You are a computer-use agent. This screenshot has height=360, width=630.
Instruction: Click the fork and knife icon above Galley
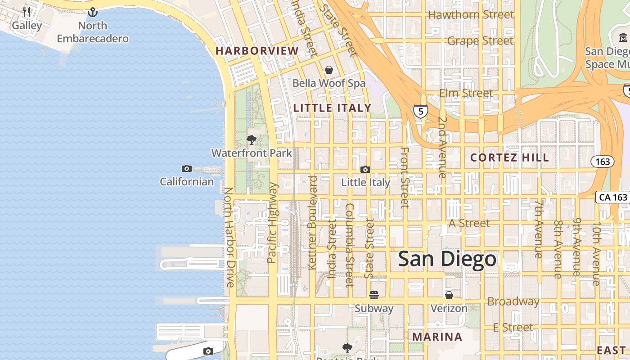pyautogui.click(x=27, y=12)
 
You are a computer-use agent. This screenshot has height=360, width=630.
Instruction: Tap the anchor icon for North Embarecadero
pyautogui.click(x=93, y=12)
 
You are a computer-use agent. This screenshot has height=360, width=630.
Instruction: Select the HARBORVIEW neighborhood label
pyautogui.click(x=257, y=51)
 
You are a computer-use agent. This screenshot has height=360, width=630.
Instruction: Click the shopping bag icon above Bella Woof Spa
pyautogui.click(x=329, y=70)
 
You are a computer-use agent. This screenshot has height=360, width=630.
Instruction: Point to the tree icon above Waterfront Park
pyautogui.click(x=252, y=140)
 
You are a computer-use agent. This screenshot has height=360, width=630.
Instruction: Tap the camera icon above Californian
pyautogui.click(x=187, y=169)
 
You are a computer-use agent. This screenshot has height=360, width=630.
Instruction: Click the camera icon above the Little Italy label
pyautogui.click(x=365, y=170)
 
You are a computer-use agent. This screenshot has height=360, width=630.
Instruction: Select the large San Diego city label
pyautogui.click(x=447, y=259)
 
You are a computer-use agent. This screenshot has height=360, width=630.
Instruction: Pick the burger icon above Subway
pyautogui.click(x=374, y=295)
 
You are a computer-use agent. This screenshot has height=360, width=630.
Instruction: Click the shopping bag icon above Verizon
pyautogui.click(x=449, y=295)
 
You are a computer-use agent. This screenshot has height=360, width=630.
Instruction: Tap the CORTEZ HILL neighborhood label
pyautogui.click(x=509, y=157)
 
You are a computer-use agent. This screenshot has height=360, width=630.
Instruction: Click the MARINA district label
pyautogui.click(x=437, y=337)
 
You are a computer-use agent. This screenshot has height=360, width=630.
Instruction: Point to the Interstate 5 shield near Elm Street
pyautogui.click(x=420, y=111)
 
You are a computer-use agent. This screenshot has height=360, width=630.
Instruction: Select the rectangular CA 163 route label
pyautogui.click(x=613, y=197)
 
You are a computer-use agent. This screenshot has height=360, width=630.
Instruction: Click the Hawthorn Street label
pyautogui.click(x=471, y=14)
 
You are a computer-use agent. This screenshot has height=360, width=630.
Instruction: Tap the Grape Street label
pyautogui.click(x=480, y=40)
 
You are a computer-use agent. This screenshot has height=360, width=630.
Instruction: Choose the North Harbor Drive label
pyautogui.click(x=229, y=237)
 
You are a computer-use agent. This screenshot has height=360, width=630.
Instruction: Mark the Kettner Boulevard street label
pyautogui.click(x=313, y=223)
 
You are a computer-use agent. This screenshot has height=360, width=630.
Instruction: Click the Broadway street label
pyautogui.click(x=513, y=301)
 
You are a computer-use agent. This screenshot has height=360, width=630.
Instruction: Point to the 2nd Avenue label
pyautogui.click(x=442, y=148)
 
